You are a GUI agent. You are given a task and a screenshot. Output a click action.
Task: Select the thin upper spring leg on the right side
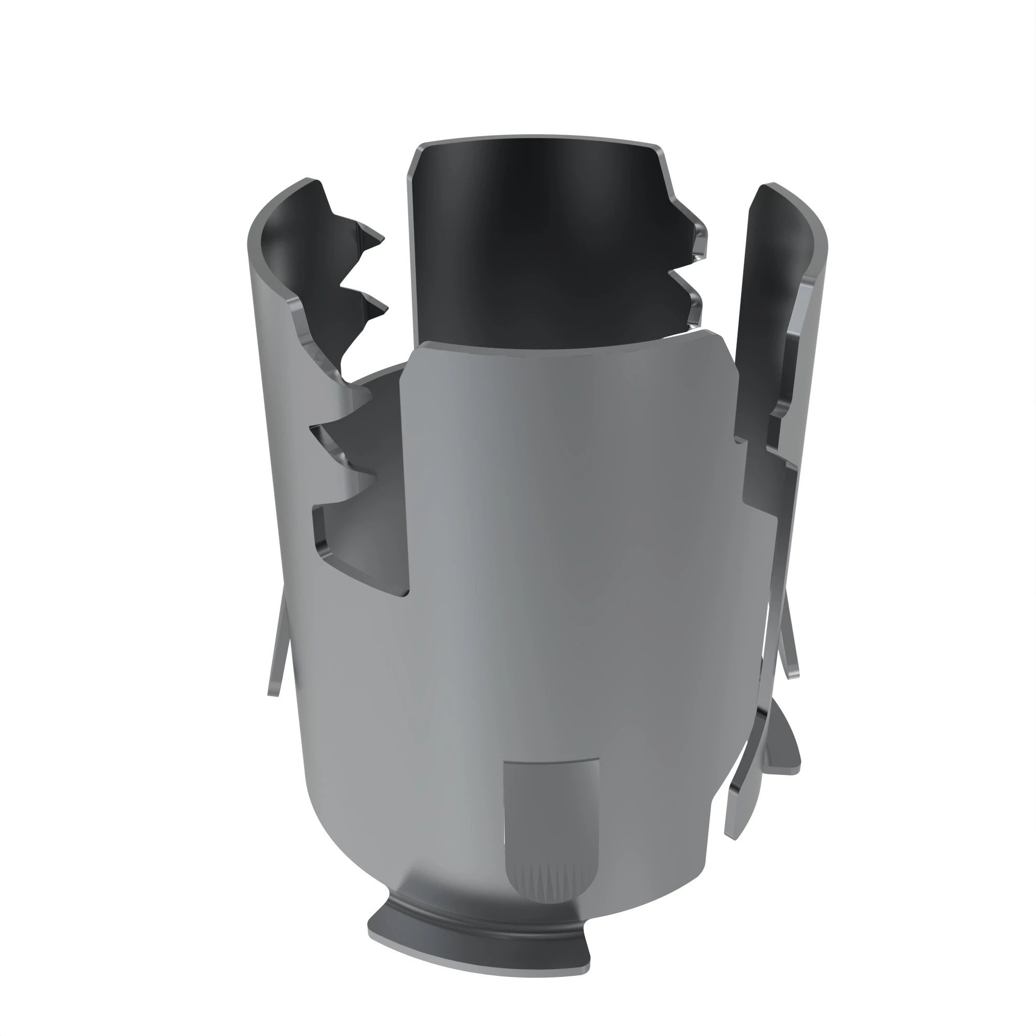(788, 643)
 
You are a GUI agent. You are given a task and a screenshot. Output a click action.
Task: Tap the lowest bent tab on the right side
(740, 804)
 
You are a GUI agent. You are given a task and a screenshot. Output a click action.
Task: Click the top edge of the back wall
(536, 137)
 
